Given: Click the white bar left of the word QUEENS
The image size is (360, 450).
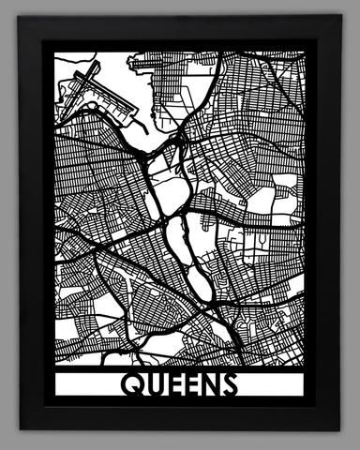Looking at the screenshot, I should pyautogui.click(x=84, y=384).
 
